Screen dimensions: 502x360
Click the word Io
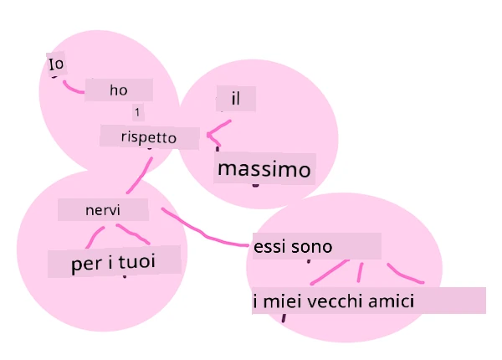[56, 64]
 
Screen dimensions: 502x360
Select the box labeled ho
[119, 90]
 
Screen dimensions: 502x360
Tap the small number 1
[137, 112]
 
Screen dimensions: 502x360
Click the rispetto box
[149, 137]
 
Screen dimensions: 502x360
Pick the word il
[236, 99]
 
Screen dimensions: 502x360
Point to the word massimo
[264, 169]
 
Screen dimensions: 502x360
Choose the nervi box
[103, 210]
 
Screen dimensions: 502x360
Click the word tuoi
[137, 261]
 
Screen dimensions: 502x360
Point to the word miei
[282, 301]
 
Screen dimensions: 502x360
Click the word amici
[392, 301]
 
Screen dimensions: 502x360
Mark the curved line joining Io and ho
[72, 89]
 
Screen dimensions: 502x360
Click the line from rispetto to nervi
[141, 175]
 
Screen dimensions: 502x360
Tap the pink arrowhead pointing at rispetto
[213, 136]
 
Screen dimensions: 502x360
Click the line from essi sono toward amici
[404, 275]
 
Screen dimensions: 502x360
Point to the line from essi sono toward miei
[330, 272]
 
